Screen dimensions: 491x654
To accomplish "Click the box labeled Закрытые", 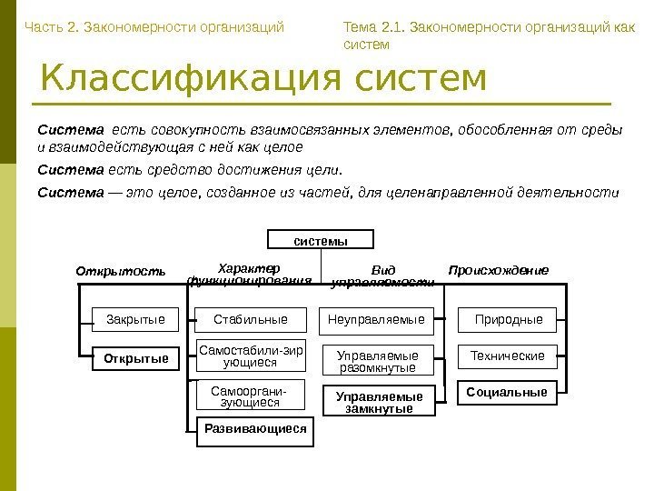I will click(x=135, y=319).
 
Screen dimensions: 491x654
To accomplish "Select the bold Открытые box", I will click(x=136, y=358).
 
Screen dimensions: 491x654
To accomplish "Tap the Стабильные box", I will click(x=250, y=319).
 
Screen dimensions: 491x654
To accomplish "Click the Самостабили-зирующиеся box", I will click(x=250, y=356).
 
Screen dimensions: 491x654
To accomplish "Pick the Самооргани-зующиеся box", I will click(x=250, y=396).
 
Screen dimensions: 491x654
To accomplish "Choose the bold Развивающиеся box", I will click(x=255, y=428).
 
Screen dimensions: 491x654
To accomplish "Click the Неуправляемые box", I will click(x=377, y=319).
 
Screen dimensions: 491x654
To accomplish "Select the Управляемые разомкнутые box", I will click(x=377, y=362).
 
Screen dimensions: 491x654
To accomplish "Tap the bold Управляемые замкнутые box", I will click(x=380, y=402).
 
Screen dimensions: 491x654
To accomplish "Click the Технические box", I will click(x=509, y=356).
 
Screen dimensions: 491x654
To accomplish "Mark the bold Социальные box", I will click(x=507, y=392).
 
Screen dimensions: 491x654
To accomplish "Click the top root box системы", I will click(x=321, y=241).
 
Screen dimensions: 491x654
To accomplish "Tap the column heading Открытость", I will click(x=121, y=271).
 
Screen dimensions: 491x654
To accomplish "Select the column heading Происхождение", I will click(x=499, y=270).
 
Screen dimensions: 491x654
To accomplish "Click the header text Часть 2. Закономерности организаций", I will click(x=154, y=26).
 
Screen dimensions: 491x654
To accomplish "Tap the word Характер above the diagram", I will click(x=251, y=266).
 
